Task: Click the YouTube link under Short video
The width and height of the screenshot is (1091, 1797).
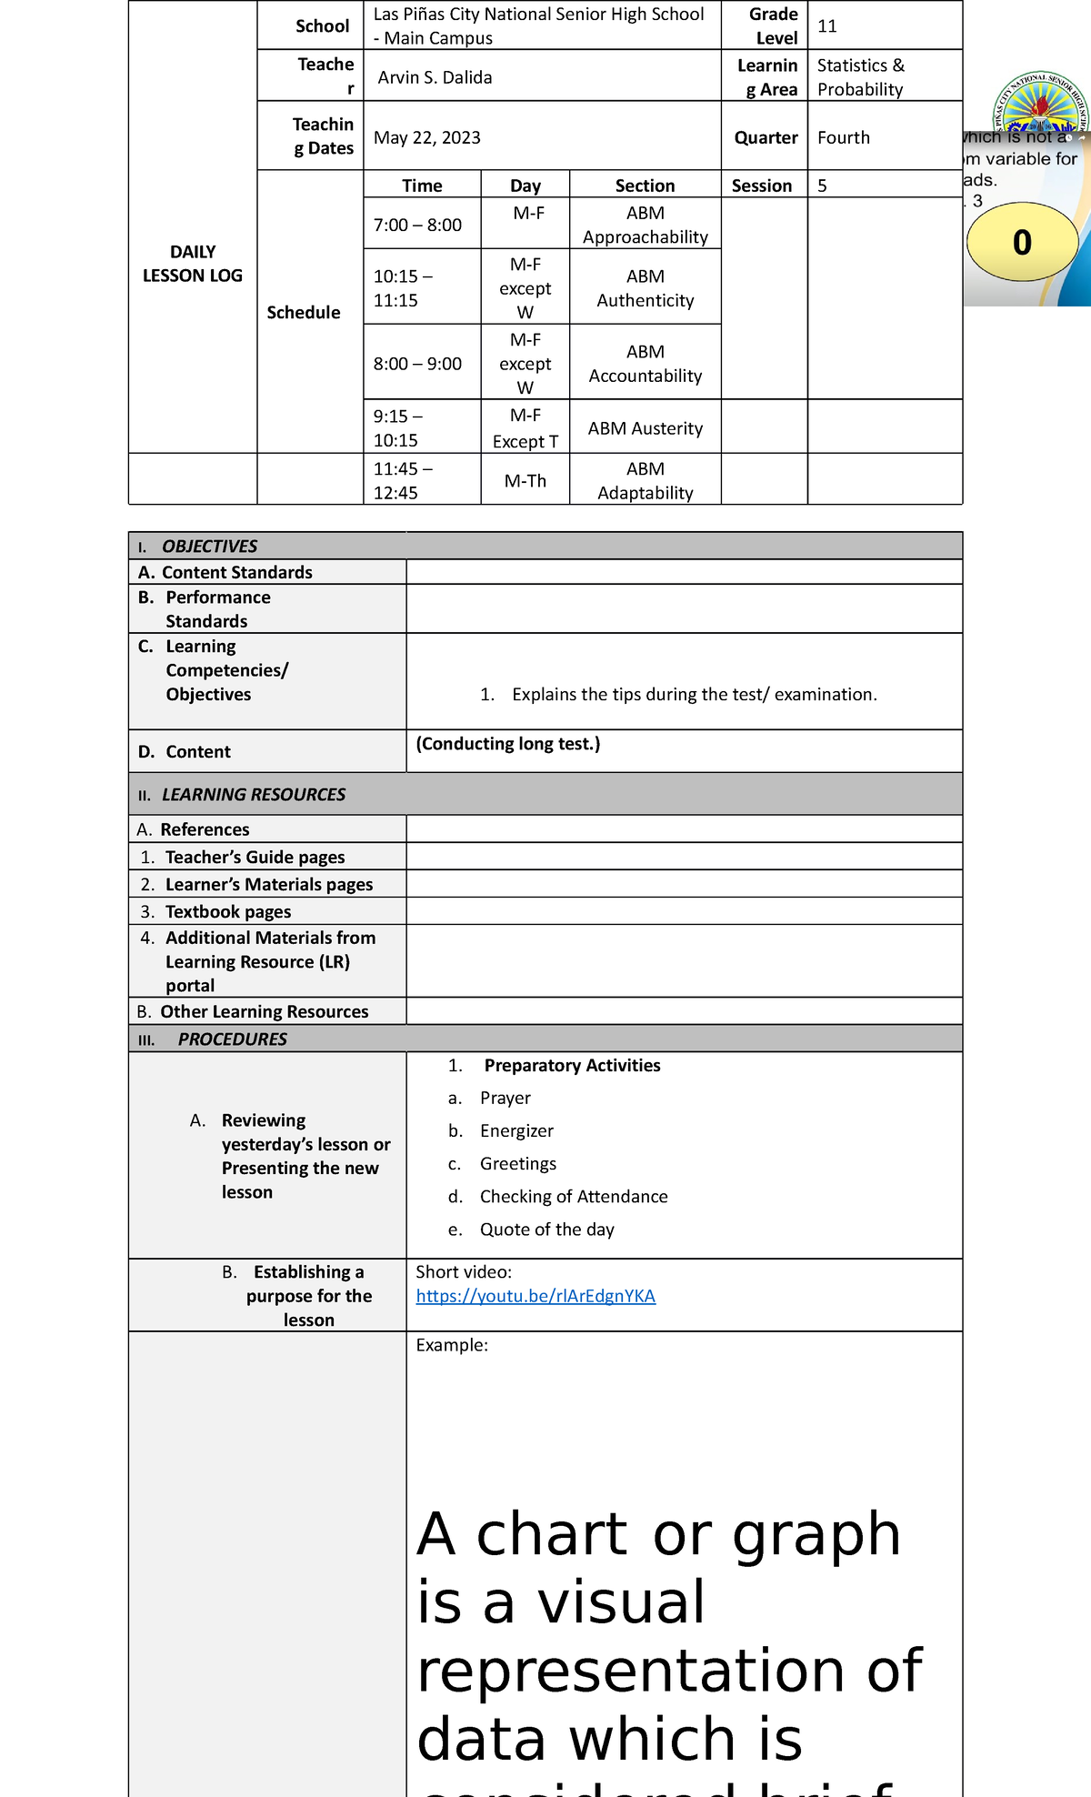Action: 535,1296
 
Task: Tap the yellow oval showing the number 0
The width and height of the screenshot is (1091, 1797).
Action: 1022,242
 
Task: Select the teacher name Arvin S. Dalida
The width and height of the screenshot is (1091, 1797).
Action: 435,77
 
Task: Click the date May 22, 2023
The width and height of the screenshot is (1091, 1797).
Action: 426,137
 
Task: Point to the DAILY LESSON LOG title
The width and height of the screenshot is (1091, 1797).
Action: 193,264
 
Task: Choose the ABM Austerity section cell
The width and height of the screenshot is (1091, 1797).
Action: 645,428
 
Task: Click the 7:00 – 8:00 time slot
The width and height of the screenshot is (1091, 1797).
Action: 417,225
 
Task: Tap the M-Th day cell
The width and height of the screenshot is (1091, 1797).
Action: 525,481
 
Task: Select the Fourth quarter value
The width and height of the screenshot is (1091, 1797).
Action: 843,137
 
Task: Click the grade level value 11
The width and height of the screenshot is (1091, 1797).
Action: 826,26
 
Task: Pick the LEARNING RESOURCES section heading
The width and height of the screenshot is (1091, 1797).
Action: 253,794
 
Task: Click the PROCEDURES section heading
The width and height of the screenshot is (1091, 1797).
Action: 232,1039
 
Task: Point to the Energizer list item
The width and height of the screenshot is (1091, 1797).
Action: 516,1130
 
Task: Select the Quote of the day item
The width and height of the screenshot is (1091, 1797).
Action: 546,1230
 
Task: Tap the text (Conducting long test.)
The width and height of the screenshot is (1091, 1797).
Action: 507,744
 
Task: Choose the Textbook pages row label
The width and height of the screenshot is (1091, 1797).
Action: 227,911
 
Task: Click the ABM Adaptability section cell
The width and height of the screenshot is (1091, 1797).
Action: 645,481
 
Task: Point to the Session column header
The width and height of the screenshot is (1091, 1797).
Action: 761,186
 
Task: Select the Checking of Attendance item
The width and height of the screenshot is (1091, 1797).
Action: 573,1197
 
